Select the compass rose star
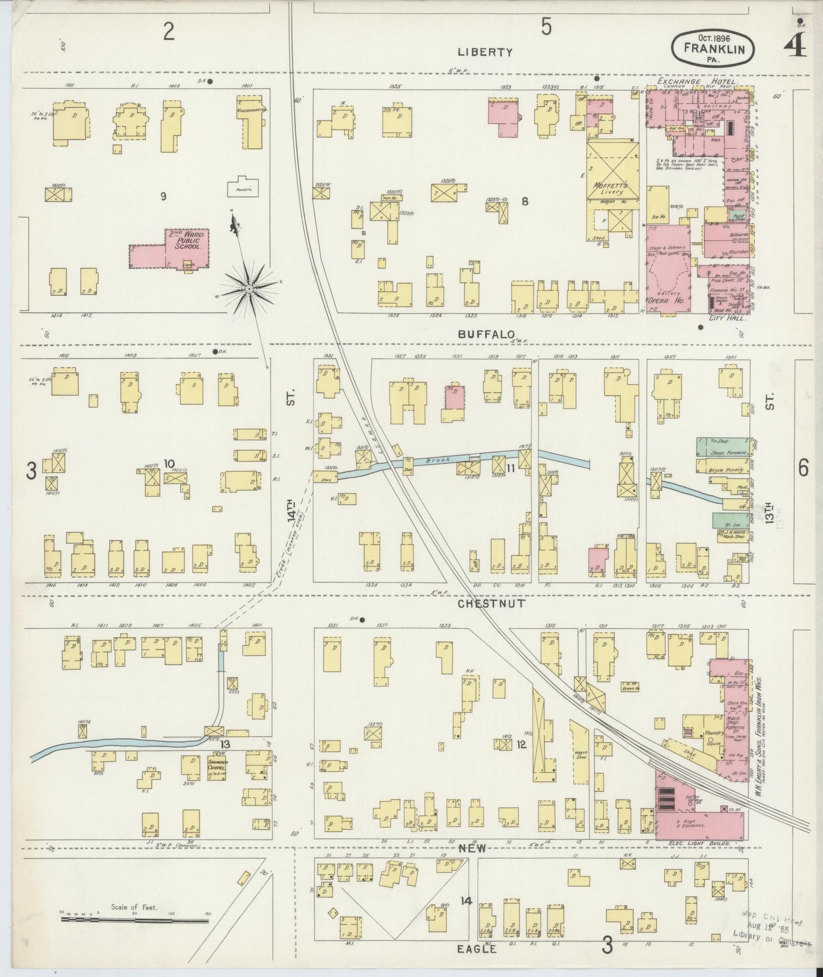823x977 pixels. [x=249, y=290]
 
